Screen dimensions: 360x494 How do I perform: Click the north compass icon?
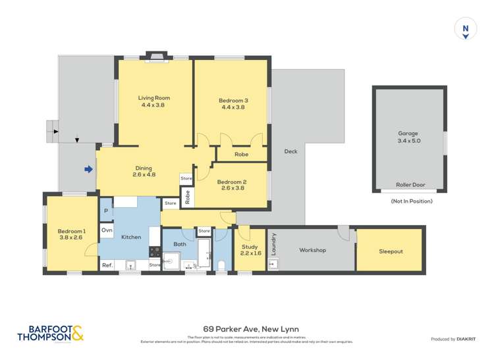[466, 30]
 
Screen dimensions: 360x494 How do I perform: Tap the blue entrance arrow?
[88, 169]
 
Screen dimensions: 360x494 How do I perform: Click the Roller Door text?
[408, 185]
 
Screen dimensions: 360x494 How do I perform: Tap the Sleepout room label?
[391, 251]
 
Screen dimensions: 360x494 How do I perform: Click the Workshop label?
[313, 250]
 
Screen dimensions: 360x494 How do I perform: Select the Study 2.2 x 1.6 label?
[250, 249]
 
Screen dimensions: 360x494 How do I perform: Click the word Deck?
[290, 151]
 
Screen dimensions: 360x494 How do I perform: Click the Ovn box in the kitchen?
[107, 230]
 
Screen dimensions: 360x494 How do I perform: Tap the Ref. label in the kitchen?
[107, 265]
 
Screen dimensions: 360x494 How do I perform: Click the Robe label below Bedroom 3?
[242, 155]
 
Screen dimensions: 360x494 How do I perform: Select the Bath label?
[180, 244]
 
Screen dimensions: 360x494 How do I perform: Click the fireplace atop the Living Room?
[156, 56]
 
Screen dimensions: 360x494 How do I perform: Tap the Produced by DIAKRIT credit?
[454, 339]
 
